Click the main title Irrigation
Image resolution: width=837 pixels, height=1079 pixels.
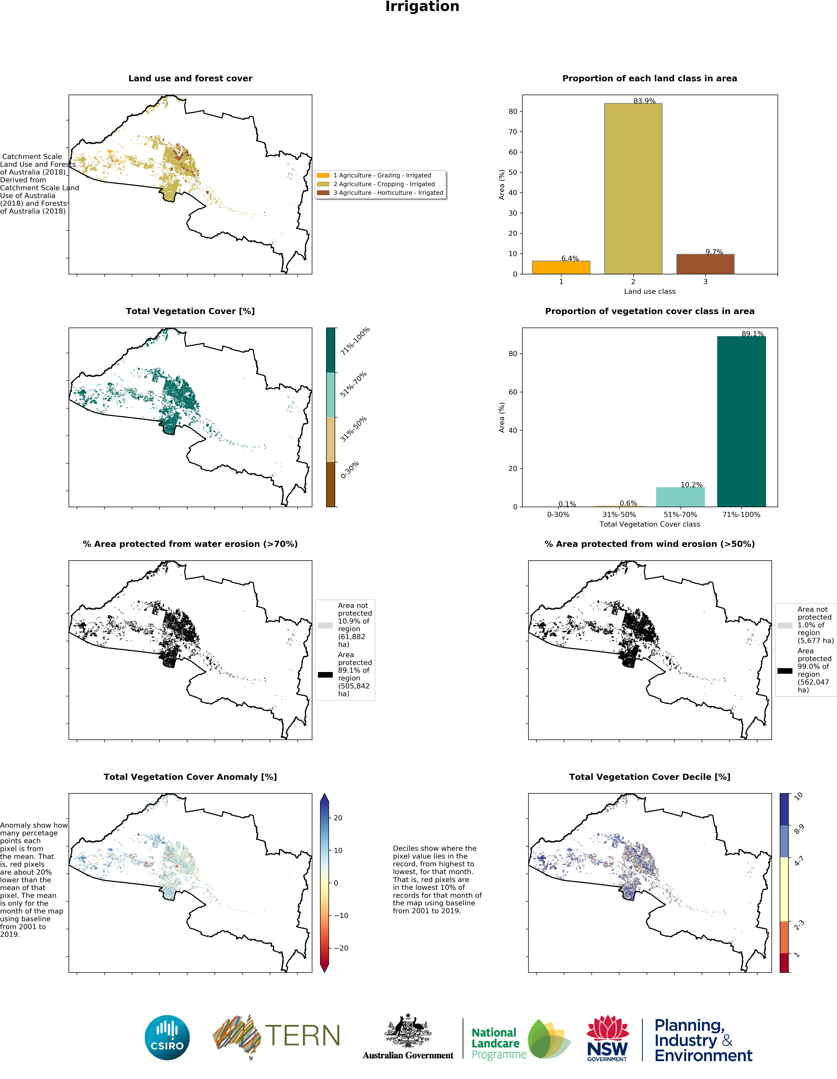[422, 7]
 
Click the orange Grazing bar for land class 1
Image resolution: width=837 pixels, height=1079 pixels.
[561, 267]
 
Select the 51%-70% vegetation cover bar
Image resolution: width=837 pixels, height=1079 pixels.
[680, 497]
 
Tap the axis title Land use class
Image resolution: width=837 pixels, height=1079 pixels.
[649, 291]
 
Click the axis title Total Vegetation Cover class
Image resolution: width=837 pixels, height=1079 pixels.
[649, 524]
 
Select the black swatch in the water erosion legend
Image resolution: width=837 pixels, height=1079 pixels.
[325, 674]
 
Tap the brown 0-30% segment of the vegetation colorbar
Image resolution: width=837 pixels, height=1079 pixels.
[331, 484]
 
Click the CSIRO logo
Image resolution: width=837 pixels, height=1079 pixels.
[167, 1037]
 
